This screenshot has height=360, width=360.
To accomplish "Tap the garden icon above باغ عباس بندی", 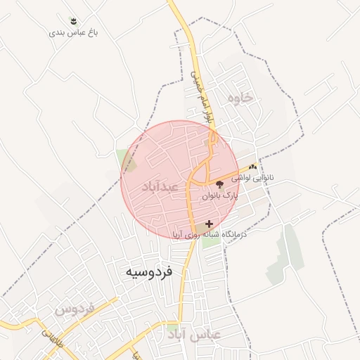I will click(74, 21).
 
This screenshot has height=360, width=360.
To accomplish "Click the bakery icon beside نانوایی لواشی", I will click(252, 167).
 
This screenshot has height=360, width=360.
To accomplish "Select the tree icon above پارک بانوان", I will click(219, 185).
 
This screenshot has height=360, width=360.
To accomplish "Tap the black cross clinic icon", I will click(209, 224).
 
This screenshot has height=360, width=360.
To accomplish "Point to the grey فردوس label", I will click(75, 309).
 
